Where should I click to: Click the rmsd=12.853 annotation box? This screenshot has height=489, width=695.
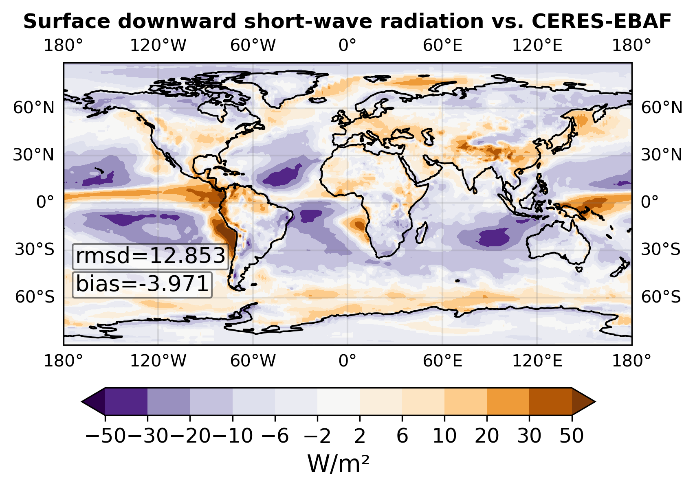point(151,257)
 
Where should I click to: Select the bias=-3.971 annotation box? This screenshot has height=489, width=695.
point(142,285)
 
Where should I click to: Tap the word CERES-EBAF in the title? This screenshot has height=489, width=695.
point(602,22)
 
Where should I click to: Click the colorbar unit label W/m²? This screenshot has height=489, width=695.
point(339,464)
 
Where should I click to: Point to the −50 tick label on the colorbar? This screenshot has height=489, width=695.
point(106,436)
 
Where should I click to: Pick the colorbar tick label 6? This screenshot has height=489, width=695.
point(402,436)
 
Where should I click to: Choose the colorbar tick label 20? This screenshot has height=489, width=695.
point(487,436)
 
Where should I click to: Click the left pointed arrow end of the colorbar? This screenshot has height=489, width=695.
point(93,401)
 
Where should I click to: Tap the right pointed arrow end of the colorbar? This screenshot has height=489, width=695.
point(584,401)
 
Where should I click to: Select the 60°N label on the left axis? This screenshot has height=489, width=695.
point(33,108)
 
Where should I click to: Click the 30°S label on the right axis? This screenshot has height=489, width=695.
point(661,250)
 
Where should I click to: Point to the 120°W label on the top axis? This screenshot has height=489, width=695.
point(158,46)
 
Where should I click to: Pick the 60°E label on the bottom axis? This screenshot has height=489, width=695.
point(442,361)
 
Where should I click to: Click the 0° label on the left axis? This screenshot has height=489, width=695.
point(45,202)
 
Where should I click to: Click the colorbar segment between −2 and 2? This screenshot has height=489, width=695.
point(339,401)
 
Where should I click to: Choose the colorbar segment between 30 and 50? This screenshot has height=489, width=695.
point(550,401)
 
